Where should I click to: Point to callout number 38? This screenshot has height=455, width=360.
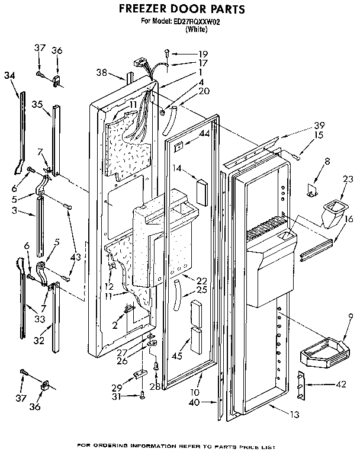coord(101,73)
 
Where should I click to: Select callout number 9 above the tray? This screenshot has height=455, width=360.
coord(352,316)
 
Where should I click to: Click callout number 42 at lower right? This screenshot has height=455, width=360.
coord(340,385)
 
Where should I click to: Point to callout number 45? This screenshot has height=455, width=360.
coord(176,356)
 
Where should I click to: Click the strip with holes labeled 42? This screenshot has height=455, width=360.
coord(300,387)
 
